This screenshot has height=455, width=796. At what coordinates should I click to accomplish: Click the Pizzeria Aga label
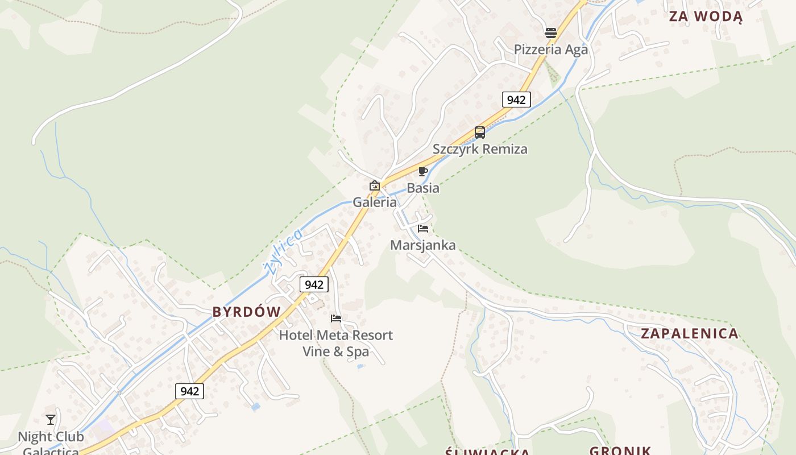[550, 49]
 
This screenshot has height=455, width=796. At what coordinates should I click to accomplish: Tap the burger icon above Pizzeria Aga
[550, 33]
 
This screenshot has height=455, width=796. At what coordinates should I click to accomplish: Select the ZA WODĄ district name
[706, 16]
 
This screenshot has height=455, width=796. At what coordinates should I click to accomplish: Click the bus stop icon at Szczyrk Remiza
[480, 133]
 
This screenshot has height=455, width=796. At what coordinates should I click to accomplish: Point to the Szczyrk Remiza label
[480, 149]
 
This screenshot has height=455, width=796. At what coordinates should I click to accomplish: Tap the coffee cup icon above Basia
[423, 171]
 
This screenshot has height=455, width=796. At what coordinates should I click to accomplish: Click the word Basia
[423, 188]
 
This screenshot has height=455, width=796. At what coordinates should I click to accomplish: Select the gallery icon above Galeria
[375, 185]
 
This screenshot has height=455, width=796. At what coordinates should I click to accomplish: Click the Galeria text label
[375, 202]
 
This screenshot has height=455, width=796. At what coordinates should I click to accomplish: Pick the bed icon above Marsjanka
[423, 229]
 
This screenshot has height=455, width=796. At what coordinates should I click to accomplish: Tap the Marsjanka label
[423, 245]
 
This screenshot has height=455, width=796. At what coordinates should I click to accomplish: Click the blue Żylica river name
[284, 250]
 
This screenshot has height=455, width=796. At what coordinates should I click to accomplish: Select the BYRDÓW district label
[247, 312]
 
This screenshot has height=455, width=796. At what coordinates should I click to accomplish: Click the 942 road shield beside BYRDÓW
[314, 284]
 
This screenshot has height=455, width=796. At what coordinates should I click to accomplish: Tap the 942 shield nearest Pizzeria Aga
[516, 100]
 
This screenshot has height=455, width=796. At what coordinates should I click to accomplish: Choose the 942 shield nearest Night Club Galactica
[189, 391]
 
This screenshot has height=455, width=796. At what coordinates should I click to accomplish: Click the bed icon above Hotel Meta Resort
[336, 318]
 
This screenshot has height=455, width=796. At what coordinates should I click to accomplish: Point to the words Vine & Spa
[335, 351]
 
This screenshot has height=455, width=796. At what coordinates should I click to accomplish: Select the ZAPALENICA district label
[690, 333]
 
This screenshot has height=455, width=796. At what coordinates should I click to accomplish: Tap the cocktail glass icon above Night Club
[51, 420]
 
